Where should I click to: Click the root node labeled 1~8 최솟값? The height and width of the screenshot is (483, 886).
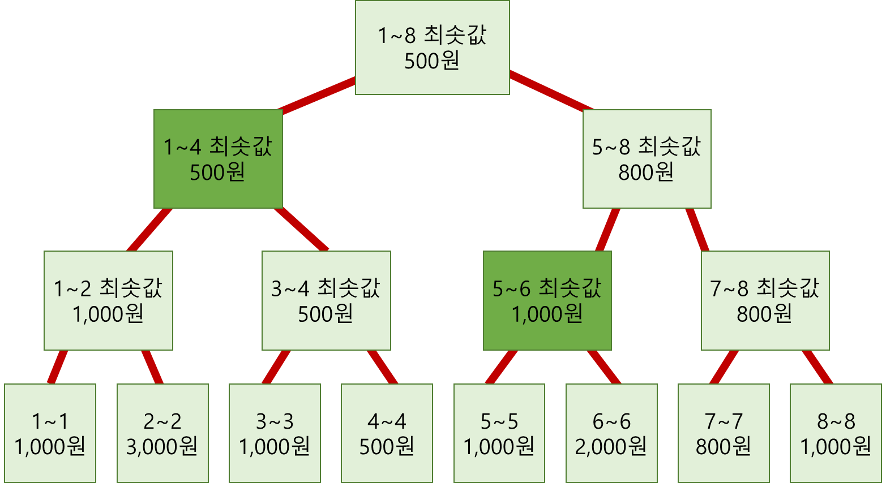coord(432,48)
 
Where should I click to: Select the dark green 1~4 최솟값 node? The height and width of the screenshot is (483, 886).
coord(218,159)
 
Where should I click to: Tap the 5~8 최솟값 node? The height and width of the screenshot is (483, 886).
coord(647,159)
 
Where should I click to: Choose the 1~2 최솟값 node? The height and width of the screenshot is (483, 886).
coord(108,300)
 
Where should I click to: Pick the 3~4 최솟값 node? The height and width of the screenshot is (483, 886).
coord(326,300)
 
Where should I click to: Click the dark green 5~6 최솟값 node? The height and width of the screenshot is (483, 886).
coord(547,300)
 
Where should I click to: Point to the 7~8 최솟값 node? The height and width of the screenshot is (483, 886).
coord(765,300)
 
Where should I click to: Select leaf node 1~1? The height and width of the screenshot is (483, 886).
coord(50,433)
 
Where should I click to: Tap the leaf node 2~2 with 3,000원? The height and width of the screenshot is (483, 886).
coord(162,433)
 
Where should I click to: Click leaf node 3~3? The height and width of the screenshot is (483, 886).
coord(275,433)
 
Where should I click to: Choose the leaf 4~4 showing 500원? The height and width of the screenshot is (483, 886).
coord(387,433)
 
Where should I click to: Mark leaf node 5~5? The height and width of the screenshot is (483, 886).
coord(499,433)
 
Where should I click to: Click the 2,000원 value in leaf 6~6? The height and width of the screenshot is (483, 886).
coord(611,447)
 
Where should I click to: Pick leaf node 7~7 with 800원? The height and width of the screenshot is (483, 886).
coord(724,433)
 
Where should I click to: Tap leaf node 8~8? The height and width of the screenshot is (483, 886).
coord(836,433)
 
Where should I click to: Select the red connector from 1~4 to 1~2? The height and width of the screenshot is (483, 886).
coord(149,230)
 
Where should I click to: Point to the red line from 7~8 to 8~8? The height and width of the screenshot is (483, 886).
coord(817,367)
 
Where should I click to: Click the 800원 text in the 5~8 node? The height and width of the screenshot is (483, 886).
coord(646,172)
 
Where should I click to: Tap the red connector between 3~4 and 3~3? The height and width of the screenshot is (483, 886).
coord(276,367)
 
